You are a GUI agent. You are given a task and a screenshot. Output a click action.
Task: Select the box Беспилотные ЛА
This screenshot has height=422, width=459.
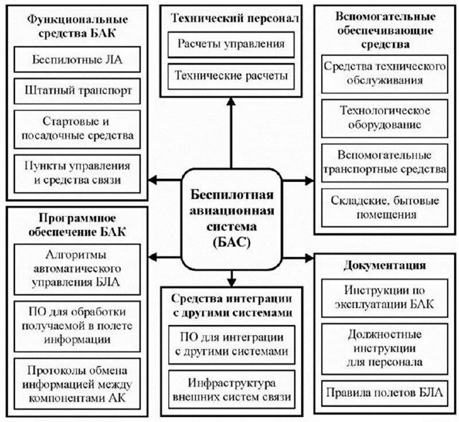point(78,59)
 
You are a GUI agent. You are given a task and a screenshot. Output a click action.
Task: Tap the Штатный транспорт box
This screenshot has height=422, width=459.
point(78,91)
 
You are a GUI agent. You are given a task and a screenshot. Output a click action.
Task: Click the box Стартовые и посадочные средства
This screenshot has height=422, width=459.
point(78,128)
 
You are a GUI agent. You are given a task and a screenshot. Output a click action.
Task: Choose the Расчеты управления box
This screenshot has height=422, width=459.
point(231,44)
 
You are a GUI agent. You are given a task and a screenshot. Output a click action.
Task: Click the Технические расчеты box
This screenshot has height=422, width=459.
point(231,75)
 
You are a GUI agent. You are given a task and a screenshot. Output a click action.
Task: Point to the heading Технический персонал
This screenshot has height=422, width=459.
point(231,19)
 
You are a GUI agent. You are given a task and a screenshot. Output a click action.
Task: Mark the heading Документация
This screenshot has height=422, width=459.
point(385,265)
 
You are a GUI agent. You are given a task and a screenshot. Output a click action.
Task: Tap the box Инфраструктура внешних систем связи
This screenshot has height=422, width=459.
point(231,389)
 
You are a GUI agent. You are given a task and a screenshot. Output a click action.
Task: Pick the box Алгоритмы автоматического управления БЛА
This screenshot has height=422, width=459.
point(77,269)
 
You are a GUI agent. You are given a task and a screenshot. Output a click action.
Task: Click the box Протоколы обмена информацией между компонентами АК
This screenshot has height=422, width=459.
point(77,384)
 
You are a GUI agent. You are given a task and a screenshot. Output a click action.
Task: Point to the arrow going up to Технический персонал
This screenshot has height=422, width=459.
point(231,132)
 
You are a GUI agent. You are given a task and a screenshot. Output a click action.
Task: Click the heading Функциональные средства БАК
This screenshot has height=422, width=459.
point(78,26)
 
